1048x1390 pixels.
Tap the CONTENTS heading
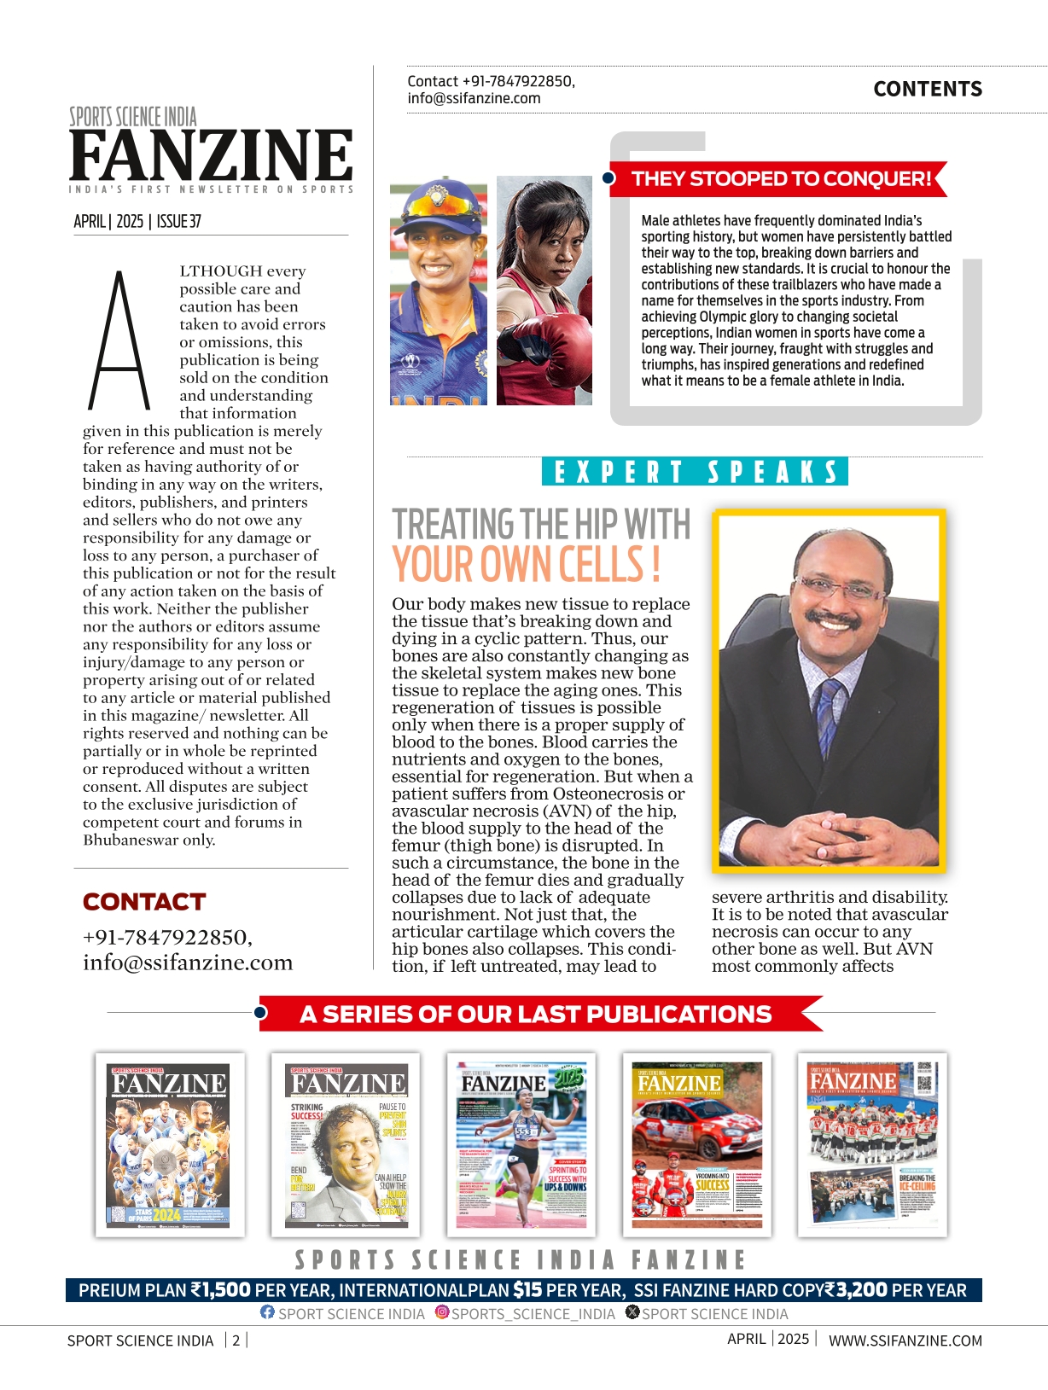(927, 89)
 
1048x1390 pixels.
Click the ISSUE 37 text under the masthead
(178, 222)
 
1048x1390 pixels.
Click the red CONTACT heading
(144, 902)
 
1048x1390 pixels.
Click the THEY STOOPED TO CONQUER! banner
(779, 179)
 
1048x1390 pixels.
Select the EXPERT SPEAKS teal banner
(695, 472)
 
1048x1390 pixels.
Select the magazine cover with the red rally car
(696, 1144)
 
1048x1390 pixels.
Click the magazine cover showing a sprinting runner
(521, 1144)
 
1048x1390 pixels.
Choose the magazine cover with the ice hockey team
(872, 1144)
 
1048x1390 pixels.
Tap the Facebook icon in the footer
(267, 1312)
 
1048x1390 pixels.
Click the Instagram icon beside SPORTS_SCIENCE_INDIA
(442, 1312)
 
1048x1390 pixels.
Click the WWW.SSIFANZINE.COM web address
(905, 1341)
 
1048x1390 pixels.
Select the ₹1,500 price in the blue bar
(220, 1290)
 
